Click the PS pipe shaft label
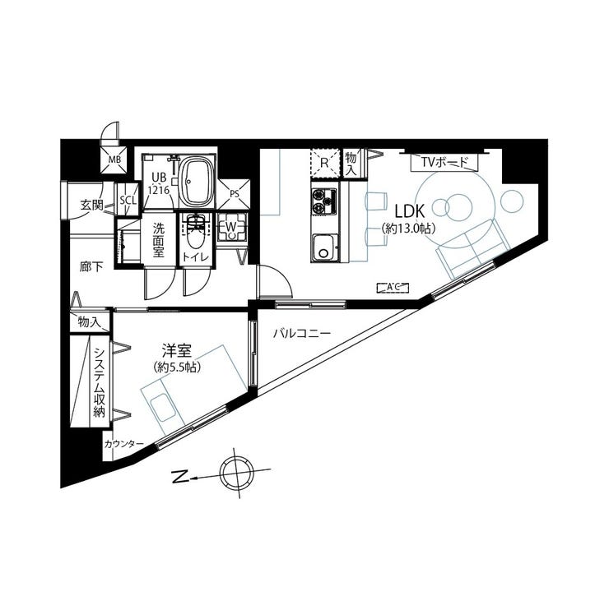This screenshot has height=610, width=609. (235, 195)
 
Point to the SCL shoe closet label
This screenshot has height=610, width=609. (128, 200)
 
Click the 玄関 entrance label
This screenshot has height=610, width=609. (91, 205)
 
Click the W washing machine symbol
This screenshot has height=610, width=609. (231, 225)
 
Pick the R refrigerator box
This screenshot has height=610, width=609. (324, 163)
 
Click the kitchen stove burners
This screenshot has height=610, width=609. (323, 199)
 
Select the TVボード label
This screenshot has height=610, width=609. (444, 162)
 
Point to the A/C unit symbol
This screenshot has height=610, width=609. (392, 287)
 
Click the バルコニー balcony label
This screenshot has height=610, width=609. (302, 334)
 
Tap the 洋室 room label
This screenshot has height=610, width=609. (176, 349)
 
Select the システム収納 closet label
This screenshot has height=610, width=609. (99, 382)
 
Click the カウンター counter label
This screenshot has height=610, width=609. (123, 445)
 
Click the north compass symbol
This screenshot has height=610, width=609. (238, 473)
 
